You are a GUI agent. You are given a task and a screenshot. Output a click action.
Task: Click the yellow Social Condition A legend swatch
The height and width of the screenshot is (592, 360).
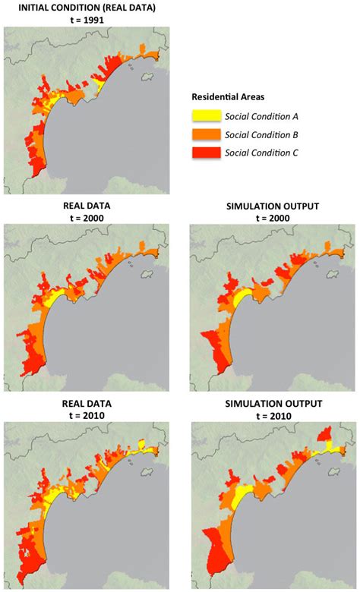[x=204, y=116]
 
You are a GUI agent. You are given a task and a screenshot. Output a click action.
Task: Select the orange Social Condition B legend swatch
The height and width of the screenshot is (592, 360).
[x=204, y=134]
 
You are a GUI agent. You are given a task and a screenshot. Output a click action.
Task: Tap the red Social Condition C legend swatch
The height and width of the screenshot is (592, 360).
[x=204, y=153]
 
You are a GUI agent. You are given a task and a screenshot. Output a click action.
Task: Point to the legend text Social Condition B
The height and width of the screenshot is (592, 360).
[x=261, y=134]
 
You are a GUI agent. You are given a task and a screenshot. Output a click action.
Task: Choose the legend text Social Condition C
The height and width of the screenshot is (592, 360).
[x=261, y=153]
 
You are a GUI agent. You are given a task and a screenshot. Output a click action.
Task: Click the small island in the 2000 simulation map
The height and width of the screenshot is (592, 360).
[x=334, y=272]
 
